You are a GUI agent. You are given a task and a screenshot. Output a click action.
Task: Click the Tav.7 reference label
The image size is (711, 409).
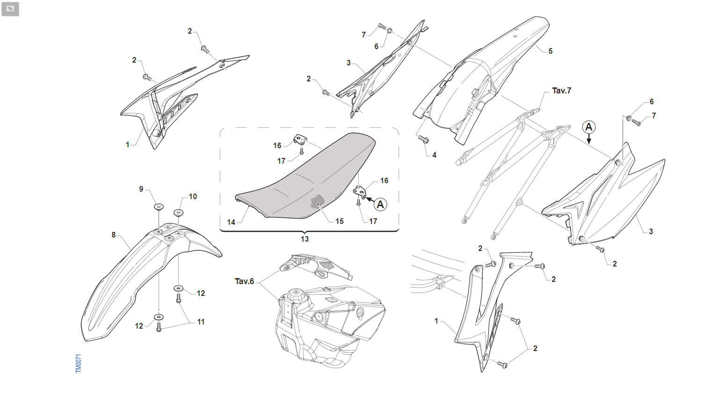(561, 91)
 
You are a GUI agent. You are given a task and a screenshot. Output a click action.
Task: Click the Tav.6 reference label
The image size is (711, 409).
(244, 281)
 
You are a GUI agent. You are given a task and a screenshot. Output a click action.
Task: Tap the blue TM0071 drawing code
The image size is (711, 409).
(79, 363)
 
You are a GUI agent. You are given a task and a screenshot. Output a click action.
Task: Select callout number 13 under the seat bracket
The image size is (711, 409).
(305, 239)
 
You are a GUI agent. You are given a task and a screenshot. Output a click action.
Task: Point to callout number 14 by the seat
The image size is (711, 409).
(231, 222)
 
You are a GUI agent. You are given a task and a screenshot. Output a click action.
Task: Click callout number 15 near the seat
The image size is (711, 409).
(339, 221)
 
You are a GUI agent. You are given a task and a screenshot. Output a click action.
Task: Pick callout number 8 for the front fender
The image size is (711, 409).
(114, 235)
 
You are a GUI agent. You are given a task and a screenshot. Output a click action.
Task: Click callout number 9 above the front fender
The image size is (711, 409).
(141, 189)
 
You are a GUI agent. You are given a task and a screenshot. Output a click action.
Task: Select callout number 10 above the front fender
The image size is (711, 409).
(193, 197)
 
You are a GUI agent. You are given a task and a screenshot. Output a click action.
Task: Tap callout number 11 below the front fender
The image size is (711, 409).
(201, 322)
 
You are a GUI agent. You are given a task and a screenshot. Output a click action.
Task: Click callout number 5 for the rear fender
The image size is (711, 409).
(551, 51)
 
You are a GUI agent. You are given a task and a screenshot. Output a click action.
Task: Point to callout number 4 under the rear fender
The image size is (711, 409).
(434, 155)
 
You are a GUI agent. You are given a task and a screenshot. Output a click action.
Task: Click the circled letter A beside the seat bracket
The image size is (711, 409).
(380, 204)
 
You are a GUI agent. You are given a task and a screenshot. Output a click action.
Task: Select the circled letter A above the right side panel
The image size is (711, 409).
(589, 127)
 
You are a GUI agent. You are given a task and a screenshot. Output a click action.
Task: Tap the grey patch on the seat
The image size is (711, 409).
(317, 201)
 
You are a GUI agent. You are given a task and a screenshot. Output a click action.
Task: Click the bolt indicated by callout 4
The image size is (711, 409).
(423, 139)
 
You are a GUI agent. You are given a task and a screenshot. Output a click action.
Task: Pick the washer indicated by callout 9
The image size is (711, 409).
(159, 207)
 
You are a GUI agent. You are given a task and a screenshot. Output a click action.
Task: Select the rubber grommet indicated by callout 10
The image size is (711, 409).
(178, 212)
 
